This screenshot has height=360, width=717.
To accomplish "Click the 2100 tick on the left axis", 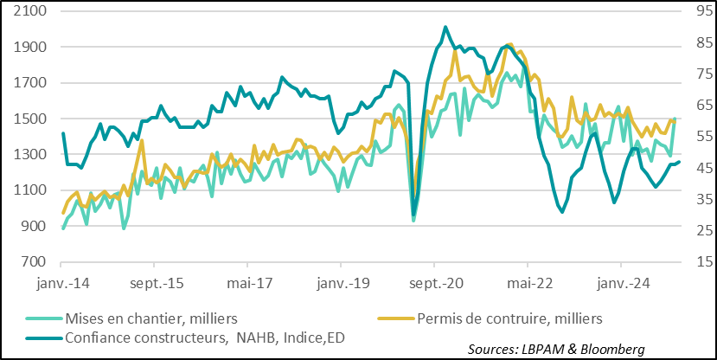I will [x=29, y=11].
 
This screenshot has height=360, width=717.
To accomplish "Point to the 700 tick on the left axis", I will [x=32, y=261].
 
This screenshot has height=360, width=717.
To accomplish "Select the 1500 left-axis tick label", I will [x=29, y=119].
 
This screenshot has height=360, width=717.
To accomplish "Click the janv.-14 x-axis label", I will [x=61, y=282].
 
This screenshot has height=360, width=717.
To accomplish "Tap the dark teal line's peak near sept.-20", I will [x=445, y=27].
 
